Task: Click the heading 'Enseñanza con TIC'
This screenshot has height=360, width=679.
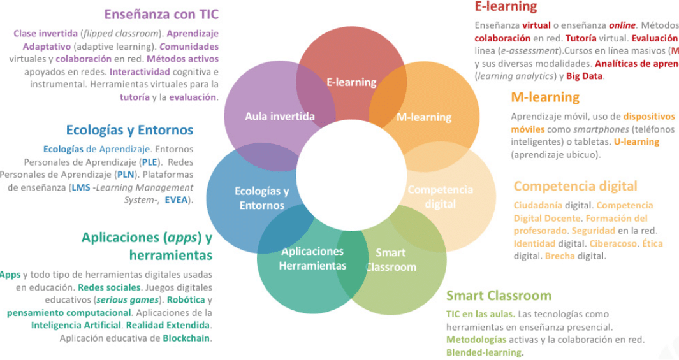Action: click(161, 13)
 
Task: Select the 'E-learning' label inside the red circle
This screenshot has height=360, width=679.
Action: click(351, 82)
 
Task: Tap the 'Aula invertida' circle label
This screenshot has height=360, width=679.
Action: click(280, 117)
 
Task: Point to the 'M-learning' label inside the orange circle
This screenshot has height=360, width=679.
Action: click(423, 117)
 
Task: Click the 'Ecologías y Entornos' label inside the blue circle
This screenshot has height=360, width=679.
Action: click(261, 198)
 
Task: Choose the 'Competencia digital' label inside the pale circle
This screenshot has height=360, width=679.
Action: click(440, 197)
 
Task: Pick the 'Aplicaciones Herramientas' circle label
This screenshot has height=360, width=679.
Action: click(312, 258)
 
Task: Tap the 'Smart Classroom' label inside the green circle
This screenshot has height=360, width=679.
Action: click(391, 260)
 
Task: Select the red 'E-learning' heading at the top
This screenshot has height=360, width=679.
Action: click(506, 7)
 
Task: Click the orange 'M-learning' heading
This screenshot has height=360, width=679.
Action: click(545, 97)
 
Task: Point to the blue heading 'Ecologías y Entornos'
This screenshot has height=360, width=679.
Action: click(129, 130)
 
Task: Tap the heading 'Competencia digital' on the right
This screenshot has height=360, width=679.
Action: click(575, 186)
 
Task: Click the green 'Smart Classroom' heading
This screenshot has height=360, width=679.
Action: click(499, 296)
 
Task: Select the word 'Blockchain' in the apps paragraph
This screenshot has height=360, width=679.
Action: click(186, 338)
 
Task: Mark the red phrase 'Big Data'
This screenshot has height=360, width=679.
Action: click(585, 76)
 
